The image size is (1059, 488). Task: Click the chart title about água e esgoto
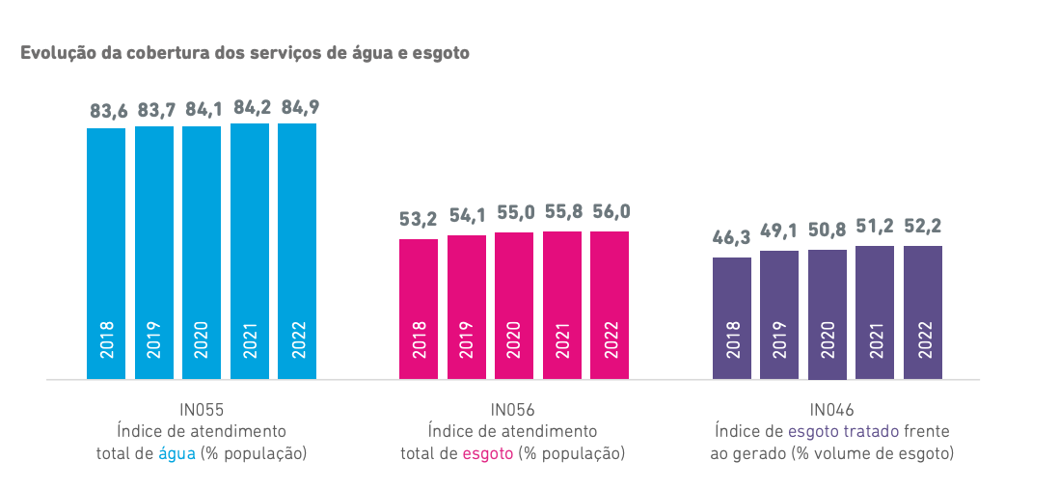[245, 53]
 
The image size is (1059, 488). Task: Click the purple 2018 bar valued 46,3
[732, 318]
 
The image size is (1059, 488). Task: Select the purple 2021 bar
[876, 312]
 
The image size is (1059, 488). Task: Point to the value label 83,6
[109, 111]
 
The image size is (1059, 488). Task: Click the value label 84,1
[203, 109]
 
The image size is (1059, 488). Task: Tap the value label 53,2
[419, 221]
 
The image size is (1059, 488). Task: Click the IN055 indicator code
[202, 409]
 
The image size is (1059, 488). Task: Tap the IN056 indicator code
[512, 409]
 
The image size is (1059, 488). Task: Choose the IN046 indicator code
[832, 409]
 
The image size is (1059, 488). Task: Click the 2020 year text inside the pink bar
[514, 339]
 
